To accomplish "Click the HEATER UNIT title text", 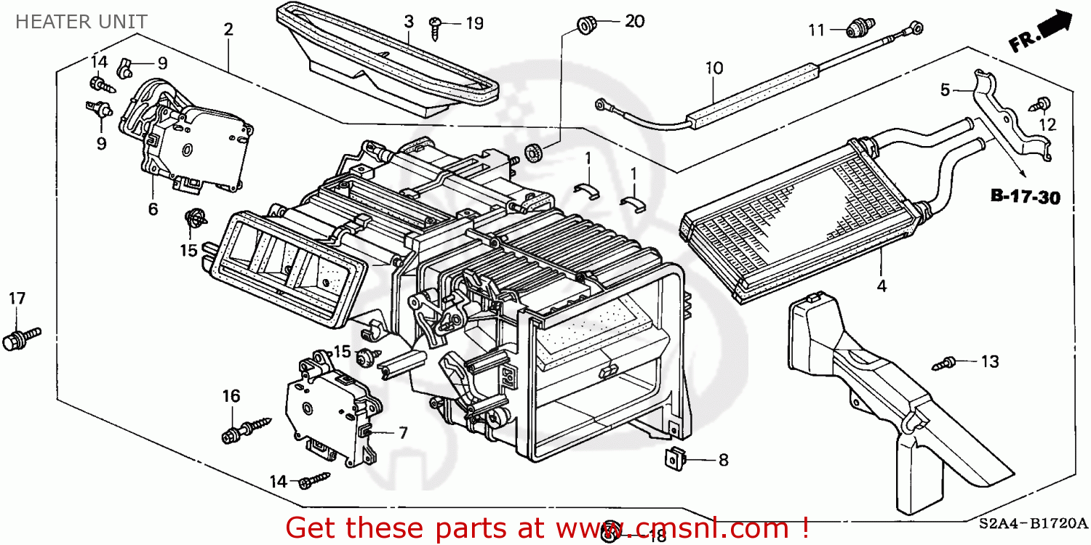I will (x=81, y=22).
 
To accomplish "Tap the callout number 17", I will (x=17, y=299).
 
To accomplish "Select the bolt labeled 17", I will (x=20, y=338).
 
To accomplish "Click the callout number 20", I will (x=634, y=22).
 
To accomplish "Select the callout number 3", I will (x=409, y=21).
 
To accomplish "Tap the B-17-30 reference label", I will (x=1025, y=196).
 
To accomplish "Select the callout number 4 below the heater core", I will (x=882, y=286).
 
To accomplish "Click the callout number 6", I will (x=153, y=209).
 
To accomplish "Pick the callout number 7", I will (x=402, y=433).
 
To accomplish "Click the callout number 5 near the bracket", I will (x=945, y=91).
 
